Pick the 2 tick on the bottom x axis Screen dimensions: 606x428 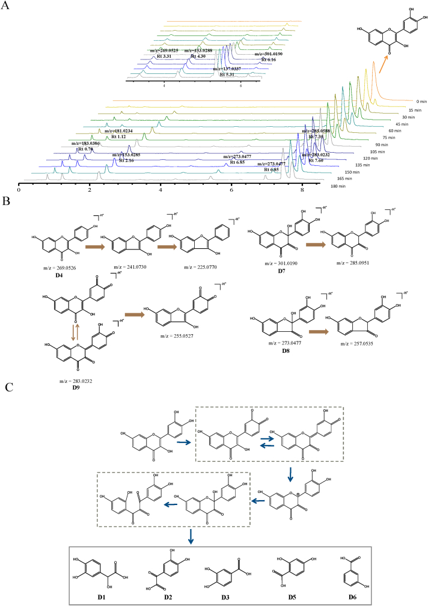(90, 189)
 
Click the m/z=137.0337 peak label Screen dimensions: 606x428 (231, 69)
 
